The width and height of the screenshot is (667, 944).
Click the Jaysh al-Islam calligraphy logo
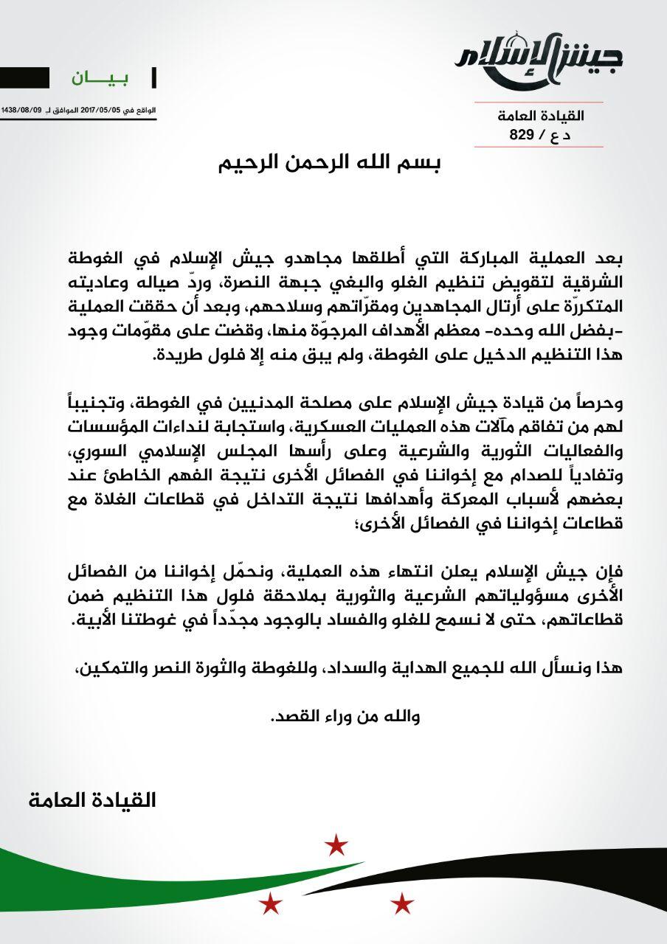(x=539, y=60)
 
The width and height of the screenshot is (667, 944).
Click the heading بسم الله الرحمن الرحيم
(x=332, y=163)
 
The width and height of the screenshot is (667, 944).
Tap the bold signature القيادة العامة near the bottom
(x=93, y=800)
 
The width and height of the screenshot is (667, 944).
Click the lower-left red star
(x=270, y=901)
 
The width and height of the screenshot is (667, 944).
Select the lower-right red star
(x=402, y=902)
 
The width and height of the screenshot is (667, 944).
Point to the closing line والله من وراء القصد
(x=346, y=716)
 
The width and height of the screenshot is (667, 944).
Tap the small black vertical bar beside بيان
(x=153, y=77)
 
